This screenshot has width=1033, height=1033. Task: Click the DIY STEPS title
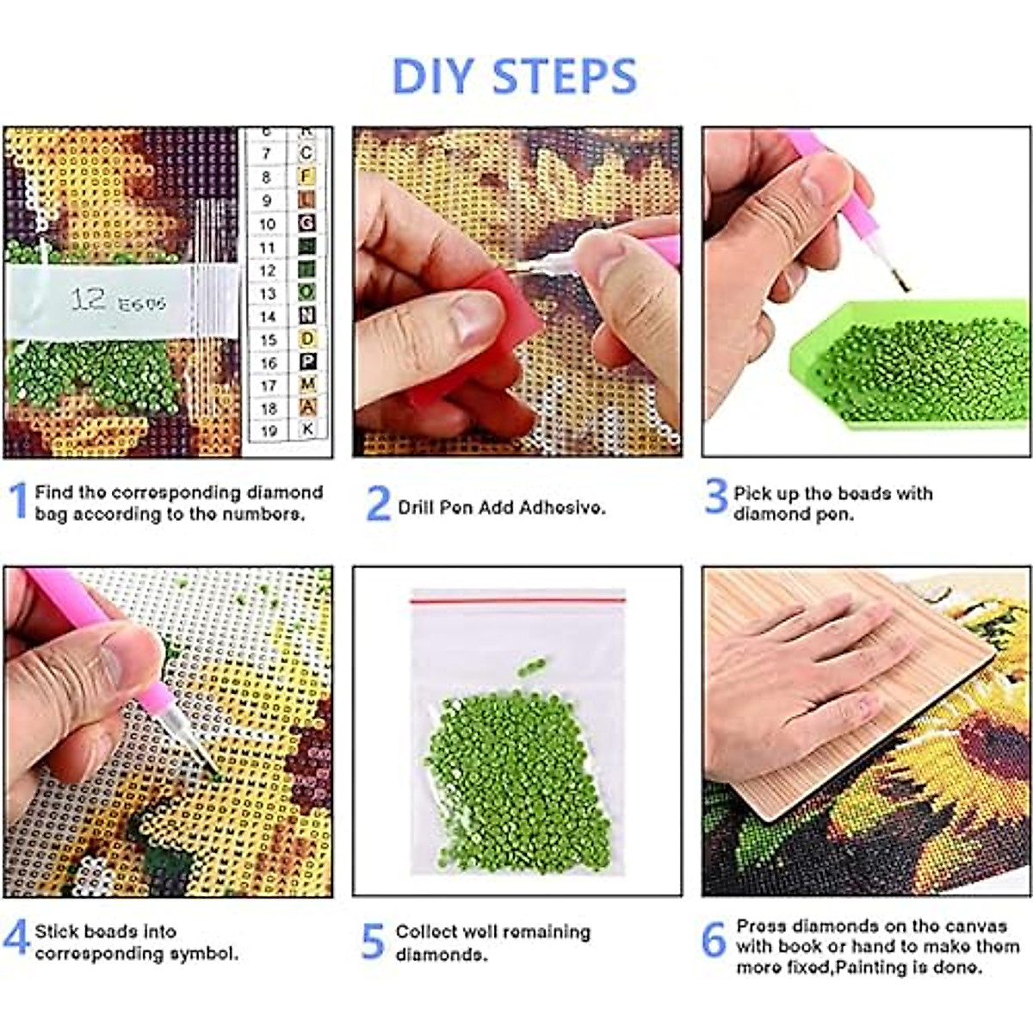[x=514, y=76]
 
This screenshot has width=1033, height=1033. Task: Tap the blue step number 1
[x=18, y=501]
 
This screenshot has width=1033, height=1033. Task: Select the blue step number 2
[x=378, y=504]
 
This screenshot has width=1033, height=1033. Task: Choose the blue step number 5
[x=372, y=942]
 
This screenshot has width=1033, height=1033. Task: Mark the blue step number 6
[x=714, y=940]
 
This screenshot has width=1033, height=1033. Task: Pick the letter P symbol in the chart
[x=307, y=362]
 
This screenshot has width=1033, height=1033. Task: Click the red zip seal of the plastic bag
[x=517, y=600]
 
